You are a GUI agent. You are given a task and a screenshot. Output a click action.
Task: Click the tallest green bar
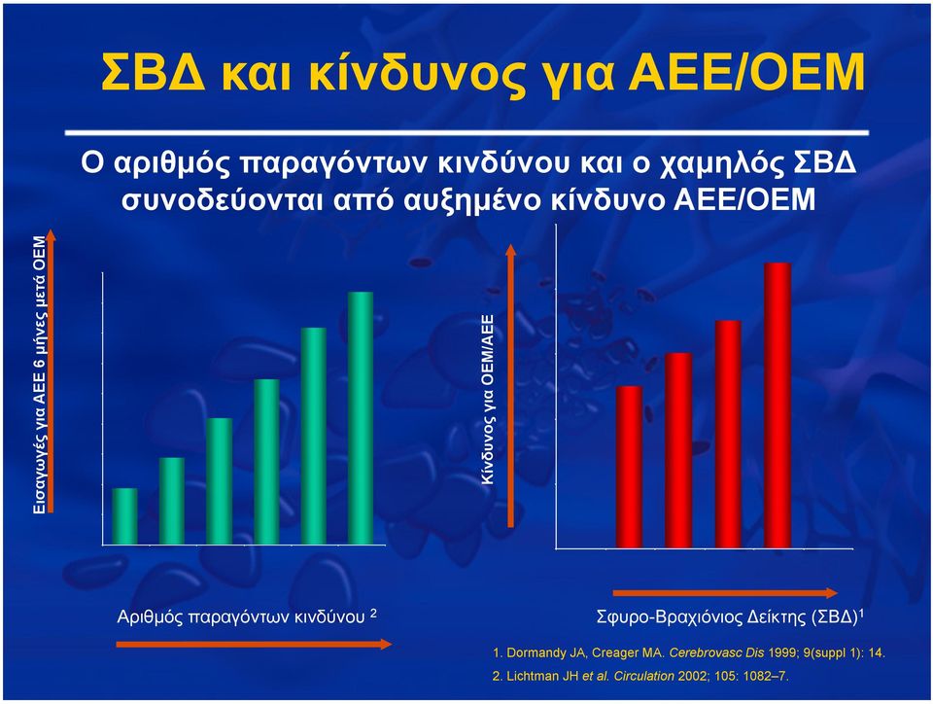(360, 418)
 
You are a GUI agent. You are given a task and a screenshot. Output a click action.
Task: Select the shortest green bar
(124, 516)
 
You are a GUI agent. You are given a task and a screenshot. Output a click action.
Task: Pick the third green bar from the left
(219, 480)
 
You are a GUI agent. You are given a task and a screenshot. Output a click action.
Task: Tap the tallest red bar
(777, 405)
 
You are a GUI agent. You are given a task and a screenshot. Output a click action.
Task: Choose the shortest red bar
(629, 467)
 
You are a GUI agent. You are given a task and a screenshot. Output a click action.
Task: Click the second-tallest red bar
(728, 434)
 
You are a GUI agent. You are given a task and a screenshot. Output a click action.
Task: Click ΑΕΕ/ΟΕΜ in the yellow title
(746, 73)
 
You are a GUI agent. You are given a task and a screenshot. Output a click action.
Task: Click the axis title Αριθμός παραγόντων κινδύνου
(241, 616)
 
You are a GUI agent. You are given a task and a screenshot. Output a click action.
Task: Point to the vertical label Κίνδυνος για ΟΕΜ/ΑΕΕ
(488, 399)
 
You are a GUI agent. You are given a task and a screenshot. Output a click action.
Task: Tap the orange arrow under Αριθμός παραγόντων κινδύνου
(254, 644)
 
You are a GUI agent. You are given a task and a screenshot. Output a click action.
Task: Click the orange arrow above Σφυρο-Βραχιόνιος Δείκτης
(725, 593)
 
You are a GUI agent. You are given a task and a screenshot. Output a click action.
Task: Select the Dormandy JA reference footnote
(689, 652)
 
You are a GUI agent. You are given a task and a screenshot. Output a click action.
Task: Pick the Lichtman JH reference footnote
(640, 676)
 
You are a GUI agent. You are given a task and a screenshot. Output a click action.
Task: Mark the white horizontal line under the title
(466, 132)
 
